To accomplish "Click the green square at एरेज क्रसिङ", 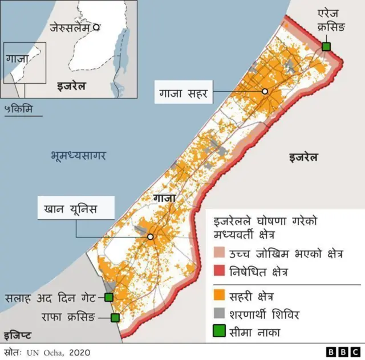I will point(326,46).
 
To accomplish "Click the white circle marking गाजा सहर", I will point(265,91).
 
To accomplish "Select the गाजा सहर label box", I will point(184,92).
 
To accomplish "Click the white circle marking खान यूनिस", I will point(151,236).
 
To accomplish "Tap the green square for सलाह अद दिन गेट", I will point(108,297).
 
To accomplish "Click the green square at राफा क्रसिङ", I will point(115,318).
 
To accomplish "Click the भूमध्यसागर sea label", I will point(78,155).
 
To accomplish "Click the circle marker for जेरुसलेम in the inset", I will point(97,26).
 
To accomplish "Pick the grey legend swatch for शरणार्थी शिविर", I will point(220,314).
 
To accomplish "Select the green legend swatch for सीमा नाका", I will point(220,332).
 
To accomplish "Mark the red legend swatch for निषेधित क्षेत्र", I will point(220,272).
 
